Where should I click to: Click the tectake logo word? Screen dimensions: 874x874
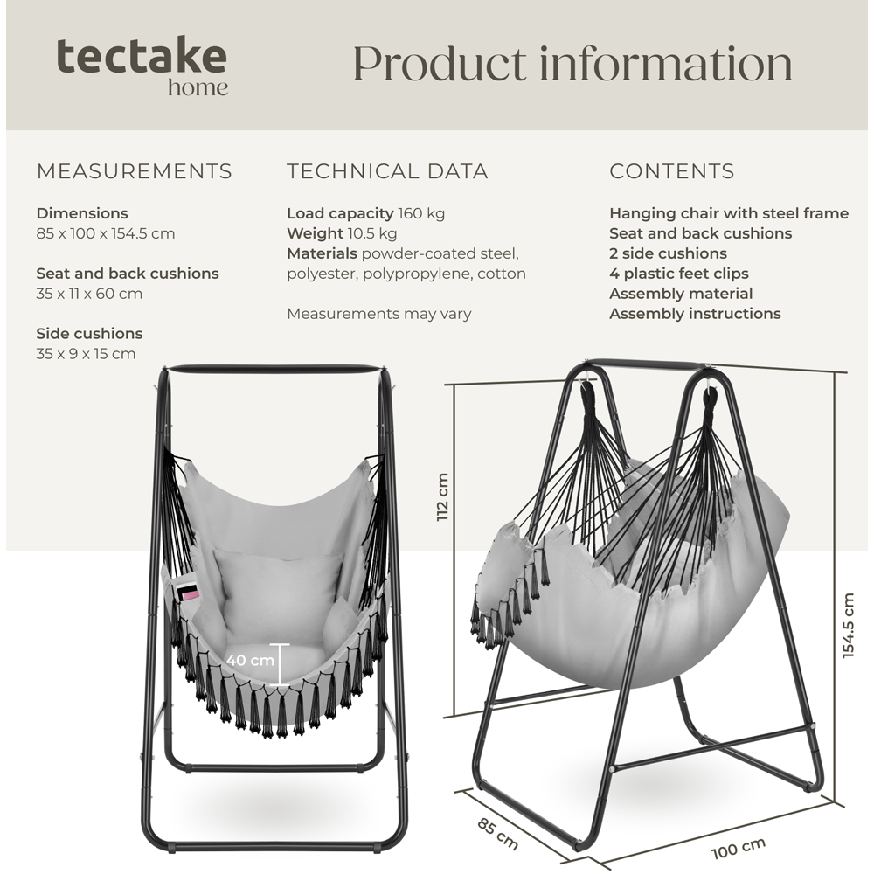click(142, 57)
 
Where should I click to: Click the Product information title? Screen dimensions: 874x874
click(572, 64)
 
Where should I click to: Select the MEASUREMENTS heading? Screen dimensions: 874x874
click(135, 171)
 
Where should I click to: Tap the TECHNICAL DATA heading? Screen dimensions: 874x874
click(387, 171)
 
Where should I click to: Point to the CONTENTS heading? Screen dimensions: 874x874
click(672, 171)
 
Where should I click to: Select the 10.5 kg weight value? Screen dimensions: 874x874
click(372, 233)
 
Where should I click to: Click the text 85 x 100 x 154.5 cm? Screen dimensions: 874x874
click(106, 233)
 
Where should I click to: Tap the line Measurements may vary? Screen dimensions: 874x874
click(378, 314)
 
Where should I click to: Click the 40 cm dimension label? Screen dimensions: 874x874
click(250, 660)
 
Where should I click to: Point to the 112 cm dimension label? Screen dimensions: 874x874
click(442, 497)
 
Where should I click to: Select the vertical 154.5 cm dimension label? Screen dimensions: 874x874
click(848, 625)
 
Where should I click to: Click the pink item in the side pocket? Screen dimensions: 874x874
click(189, 593)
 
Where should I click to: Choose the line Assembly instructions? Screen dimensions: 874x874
click(695, 314)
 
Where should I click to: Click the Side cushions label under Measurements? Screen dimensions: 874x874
click(89, 334)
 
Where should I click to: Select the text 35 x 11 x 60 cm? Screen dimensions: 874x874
click(89, 294)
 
